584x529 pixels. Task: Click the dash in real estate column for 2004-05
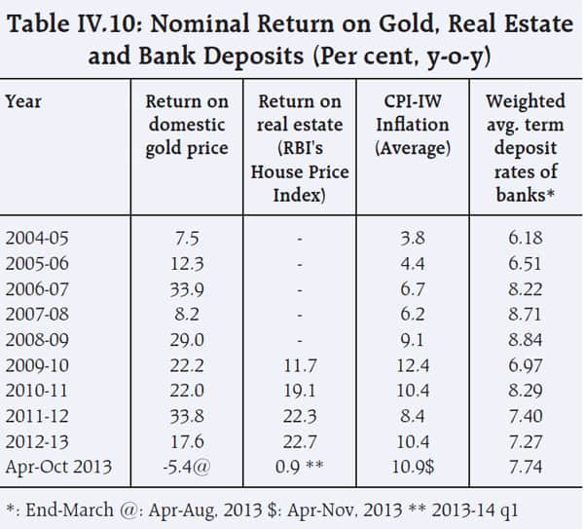tap(302, 237)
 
